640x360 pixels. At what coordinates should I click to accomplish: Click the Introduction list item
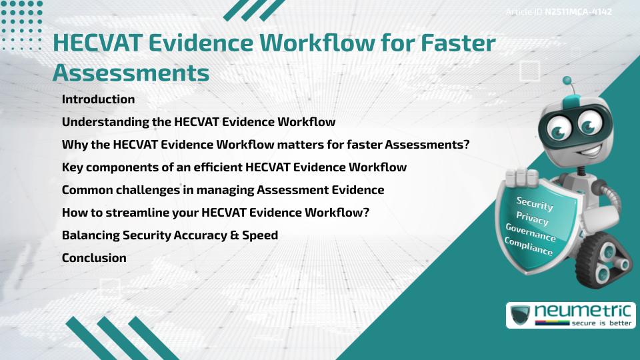pos(98,99)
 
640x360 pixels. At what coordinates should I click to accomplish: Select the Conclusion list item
pos(94,258)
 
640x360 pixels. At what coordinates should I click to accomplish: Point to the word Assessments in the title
pos(131,71)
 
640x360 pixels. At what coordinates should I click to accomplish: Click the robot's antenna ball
pos(567,81)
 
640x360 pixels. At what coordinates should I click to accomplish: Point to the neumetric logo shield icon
pos(521,315)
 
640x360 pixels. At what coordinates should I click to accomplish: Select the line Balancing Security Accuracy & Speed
pos(170,235)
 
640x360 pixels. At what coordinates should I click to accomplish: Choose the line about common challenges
pos(223,190)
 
